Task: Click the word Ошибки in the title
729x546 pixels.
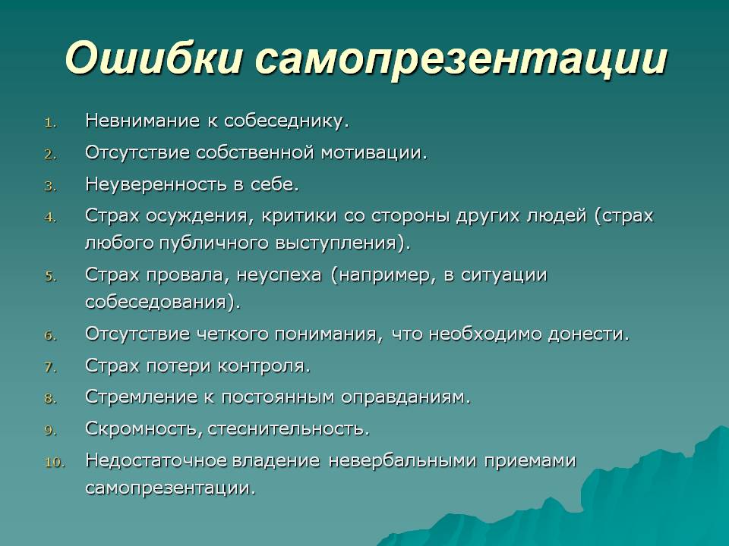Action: [153, 58]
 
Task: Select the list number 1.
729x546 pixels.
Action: [50, 123]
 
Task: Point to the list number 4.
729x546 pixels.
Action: [50, 218]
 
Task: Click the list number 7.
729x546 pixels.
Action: [50, 368]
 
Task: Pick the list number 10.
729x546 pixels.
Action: [55, 463]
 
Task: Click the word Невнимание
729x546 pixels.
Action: [142, 121]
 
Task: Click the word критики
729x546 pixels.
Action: [298, 215]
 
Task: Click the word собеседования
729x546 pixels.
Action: [156, 303]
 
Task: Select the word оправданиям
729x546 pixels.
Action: [403, 397]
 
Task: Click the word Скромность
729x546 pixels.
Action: [142, 429]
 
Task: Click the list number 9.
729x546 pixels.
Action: [50, 431]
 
